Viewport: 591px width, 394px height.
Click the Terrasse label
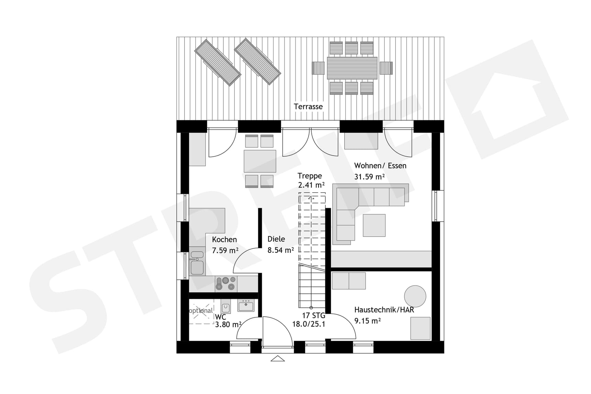coord(308,106)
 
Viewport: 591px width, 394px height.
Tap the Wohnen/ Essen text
coord(380,166)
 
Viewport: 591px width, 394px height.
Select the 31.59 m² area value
coord(369,177)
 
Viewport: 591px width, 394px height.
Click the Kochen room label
coord(224,239)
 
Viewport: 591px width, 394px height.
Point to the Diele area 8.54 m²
coord(280,250)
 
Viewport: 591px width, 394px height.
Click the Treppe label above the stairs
coord(310,176)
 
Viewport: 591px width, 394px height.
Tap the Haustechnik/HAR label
coord(384,309)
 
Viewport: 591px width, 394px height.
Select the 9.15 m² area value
coord(367,321)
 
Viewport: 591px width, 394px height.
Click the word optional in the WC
coord(201,311)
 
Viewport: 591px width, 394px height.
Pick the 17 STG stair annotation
coord(313,315)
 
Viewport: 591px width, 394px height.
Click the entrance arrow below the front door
coord(278,359)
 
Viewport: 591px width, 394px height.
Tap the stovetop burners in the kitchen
coord(226,283)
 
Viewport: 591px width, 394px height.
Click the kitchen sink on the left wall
coord(197,263)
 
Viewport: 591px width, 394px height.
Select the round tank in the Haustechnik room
coord(415,296)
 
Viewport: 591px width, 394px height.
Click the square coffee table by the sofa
coord(374,225)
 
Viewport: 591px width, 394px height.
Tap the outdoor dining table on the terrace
coord(352,68)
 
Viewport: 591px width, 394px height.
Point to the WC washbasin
coord(246,305)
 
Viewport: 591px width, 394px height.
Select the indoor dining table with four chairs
coord(260,161)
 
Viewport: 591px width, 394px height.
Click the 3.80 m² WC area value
coord(228,324)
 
